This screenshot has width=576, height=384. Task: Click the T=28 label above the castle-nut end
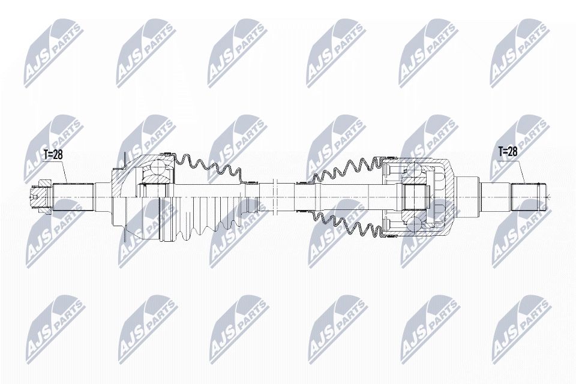(x=53, y=154)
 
